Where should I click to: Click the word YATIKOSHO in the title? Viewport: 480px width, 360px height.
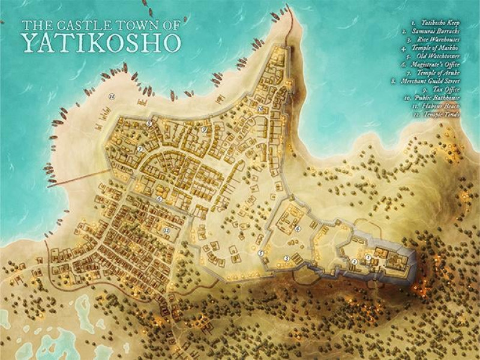(x=100, y=41)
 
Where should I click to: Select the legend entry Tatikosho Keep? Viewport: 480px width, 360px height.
(x=436, y=28)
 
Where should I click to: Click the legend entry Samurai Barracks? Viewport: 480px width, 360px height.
(x=434, y=37)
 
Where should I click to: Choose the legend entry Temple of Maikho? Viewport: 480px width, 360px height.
(x=435, y=54)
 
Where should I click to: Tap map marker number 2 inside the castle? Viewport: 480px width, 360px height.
(x=355, y=262)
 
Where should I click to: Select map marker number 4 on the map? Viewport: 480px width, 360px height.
(x=298, y=229)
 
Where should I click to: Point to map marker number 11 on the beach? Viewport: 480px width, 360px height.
(x=111, y=96)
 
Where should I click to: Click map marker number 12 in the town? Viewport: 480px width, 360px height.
(x=167, y=230)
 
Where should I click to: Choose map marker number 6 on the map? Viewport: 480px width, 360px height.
(x=160, y=199)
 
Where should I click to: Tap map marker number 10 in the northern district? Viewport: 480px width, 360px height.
(x=260, y=109)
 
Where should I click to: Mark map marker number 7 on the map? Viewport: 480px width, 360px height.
(x=139, y=149)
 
